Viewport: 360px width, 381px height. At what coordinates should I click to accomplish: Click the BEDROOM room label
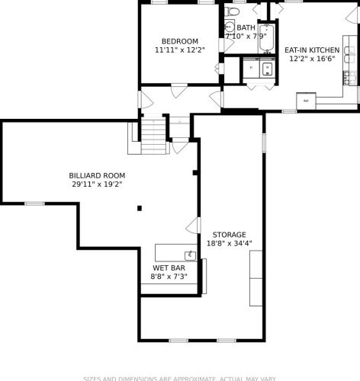click(x=180, y=41)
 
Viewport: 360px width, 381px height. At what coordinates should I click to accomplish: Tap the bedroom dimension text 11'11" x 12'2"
click(x=180, y=50)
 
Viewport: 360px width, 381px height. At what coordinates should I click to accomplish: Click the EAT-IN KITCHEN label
click(x=312, y=50)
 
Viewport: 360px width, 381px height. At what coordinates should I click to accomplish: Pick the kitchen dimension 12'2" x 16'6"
click(x=312, y=59)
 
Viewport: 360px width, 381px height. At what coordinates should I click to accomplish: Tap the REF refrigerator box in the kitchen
click(x=306, y=101)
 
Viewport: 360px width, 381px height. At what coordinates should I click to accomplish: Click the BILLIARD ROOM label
click(x=98, y=175)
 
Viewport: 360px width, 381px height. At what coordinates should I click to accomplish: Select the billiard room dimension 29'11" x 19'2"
click(x=98, y=184)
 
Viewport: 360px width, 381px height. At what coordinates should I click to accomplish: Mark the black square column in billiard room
click(x=139, y=207)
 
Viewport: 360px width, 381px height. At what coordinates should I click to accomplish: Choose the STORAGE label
click(x=229, y=235)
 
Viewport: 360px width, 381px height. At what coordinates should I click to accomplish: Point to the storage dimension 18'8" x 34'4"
click(x=229, y=244)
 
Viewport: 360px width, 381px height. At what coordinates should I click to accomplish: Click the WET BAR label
click(x=169, y=268)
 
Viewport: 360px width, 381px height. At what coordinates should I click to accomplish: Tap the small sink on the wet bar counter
click(x=188, y=254)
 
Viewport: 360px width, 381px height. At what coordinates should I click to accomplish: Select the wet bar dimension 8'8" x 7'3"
click(x=169, y=277)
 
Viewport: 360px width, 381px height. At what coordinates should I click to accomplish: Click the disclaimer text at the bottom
click(x=180, y=377)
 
